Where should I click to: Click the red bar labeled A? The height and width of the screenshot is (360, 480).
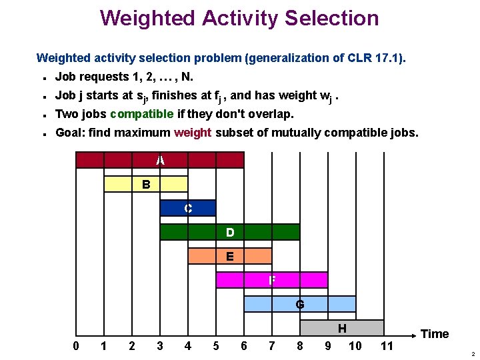tap(160, 160)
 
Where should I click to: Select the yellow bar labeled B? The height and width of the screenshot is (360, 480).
tap(146, 184)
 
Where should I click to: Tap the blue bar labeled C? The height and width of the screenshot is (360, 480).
tap(188, 208)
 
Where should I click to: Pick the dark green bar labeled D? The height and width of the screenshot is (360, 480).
tap(230, 232)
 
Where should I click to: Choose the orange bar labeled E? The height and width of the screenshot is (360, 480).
tap(230, 256)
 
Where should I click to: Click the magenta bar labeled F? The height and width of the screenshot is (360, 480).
tap(272, 280)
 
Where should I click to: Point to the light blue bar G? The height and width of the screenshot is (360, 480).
tap(300, 304)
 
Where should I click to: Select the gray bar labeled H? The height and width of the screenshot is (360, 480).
tap(342, 328)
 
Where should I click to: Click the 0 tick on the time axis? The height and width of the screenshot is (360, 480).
tap(76, 345)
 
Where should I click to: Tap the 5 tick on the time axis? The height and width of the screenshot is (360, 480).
tap(216, 345)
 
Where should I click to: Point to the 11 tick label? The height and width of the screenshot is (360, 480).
tap(386, 345)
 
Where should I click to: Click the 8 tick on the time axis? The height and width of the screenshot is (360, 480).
tap(300, 345)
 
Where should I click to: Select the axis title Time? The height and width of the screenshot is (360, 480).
tap(435, 334)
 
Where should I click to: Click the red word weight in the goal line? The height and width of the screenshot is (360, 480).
tap(193, 133)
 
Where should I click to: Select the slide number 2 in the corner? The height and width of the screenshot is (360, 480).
tap(472, 354)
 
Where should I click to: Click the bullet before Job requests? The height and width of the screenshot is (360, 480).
tap(43, 77)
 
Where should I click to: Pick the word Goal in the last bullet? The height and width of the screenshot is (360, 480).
tap(71, 133)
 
